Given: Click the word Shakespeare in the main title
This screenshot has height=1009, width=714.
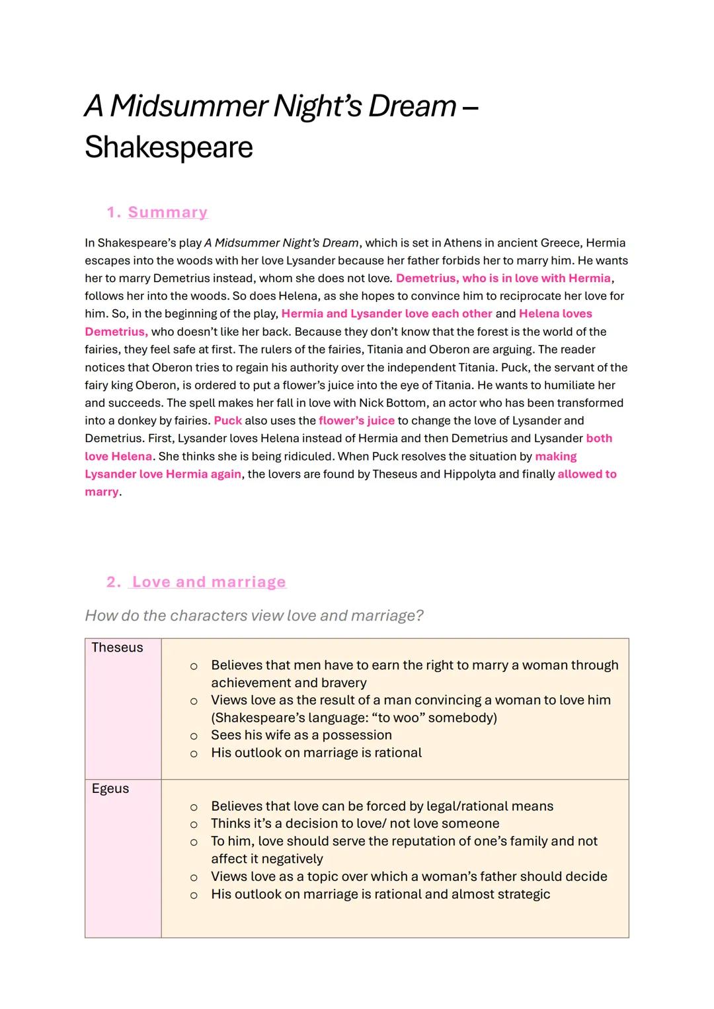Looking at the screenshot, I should click(x=169, y=147).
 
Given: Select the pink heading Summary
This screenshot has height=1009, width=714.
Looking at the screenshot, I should click(x=167, y=212).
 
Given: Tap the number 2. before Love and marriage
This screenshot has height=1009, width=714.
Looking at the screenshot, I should click(x=114, y=581).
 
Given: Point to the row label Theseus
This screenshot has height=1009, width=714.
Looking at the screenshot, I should click(x=117, y=648).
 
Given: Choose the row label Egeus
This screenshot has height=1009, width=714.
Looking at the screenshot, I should click(x=110, y=788).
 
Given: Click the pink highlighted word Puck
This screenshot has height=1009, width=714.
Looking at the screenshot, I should click(x=227, y=420).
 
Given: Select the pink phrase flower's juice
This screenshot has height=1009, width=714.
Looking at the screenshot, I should click(x=356, y=420).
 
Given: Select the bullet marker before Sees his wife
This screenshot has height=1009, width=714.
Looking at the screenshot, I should click(x=194, y=736).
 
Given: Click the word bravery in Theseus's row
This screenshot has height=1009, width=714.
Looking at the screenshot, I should click(x=341, y=683).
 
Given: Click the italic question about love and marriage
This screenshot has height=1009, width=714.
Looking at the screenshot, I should click(x=254, y=615).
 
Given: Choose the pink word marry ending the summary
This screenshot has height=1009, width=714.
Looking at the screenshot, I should click(x=102, y=492).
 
